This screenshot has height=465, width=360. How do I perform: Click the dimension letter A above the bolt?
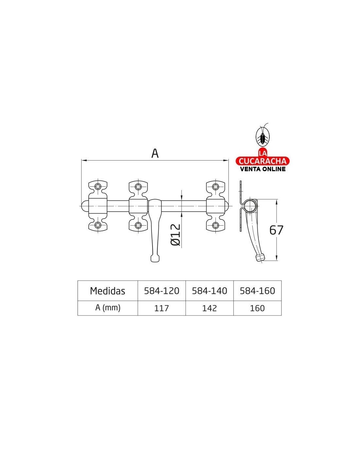pos(155,153)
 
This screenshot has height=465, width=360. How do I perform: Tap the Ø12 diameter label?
pos(175,235)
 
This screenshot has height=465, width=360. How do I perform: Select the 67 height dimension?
pos(276,230)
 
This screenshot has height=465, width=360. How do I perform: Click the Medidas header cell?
pos(107,291)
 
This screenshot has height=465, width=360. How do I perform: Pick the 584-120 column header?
pos(161,291)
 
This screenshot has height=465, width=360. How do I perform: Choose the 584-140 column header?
pos(209,291)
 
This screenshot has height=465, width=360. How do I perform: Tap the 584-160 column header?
pos(258,291)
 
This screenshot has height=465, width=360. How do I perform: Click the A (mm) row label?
pos(108,308)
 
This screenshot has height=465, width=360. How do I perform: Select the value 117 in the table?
pos(161,308)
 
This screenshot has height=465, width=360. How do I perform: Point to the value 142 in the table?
pos(209,308)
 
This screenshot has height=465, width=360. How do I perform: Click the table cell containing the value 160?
pos(258,308)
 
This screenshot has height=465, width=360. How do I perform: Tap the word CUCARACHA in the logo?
pos(262,161)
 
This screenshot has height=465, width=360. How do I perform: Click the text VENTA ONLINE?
pos(263,169)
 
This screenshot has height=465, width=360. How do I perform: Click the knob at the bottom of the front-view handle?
pos(155,258)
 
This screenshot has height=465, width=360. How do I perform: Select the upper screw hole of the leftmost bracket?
pos(98,186)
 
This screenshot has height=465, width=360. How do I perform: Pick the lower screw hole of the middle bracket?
pos(138,225)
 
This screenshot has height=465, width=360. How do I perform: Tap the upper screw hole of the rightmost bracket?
pos(215,186)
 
